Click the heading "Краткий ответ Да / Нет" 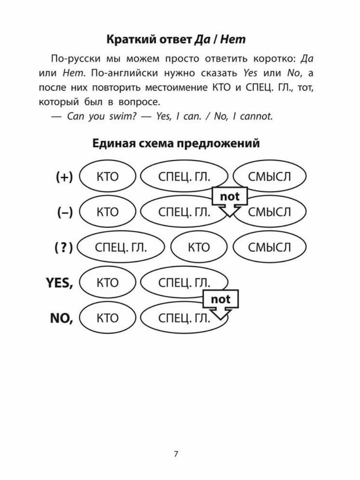pyautogui.click(x=176, y=40)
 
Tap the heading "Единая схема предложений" pyautogui.click(x=176, y=143)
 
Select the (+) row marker pyautogui.click(x=64, y=177)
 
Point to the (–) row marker pyautogui.click(x=64, y=212)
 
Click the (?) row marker pyautogui.click(x=64, y=248)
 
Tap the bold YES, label pyautogui.click(x=59, y=283)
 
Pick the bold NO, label pyautogui.click(x=62, y=318)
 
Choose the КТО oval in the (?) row pyautogui.click(x=198, y=248)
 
